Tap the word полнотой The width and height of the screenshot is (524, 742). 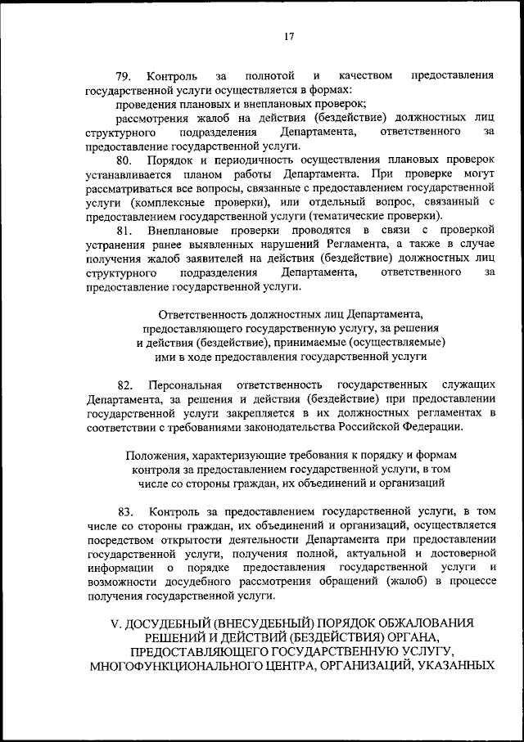click(x=268, y=76)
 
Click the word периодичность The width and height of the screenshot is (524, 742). click(x=255, y=160)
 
